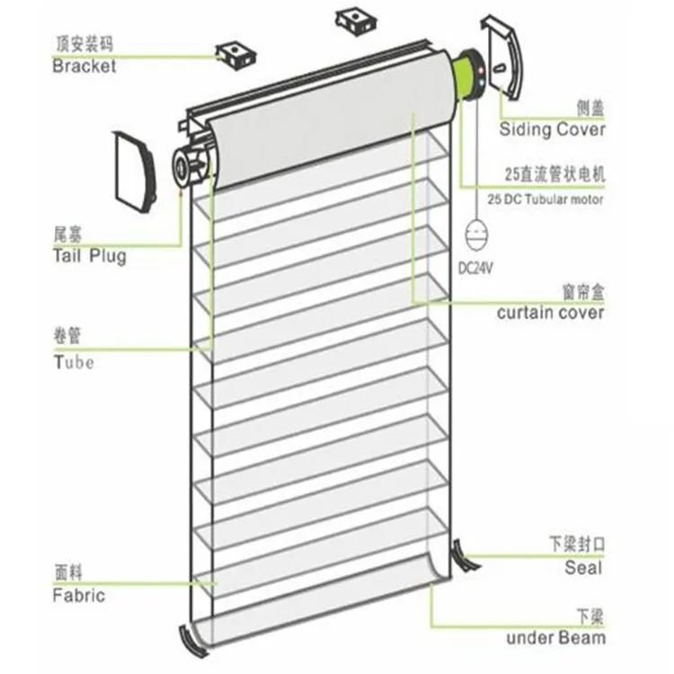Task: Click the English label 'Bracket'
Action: [x=84, y=66]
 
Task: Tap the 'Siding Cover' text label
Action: [x=553, y=129]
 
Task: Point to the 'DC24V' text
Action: [x=475, y=268]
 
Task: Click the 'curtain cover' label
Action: [x=550, y=313]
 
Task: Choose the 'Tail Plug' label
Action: [x=89, y=257]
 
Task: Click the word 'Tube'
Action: [x=73, y=362]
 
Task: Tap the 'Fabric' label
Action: [x=79, y=595]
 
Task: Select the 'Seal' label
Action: [x=583, y=568]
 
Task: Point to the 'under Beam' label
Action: [x=554, y=638]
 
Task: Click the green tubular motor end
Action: [x=467, y=74]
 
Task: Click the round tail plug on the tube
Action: [x=190, y=164]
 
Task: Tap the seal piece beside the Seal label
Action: [x=465, y=554]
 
